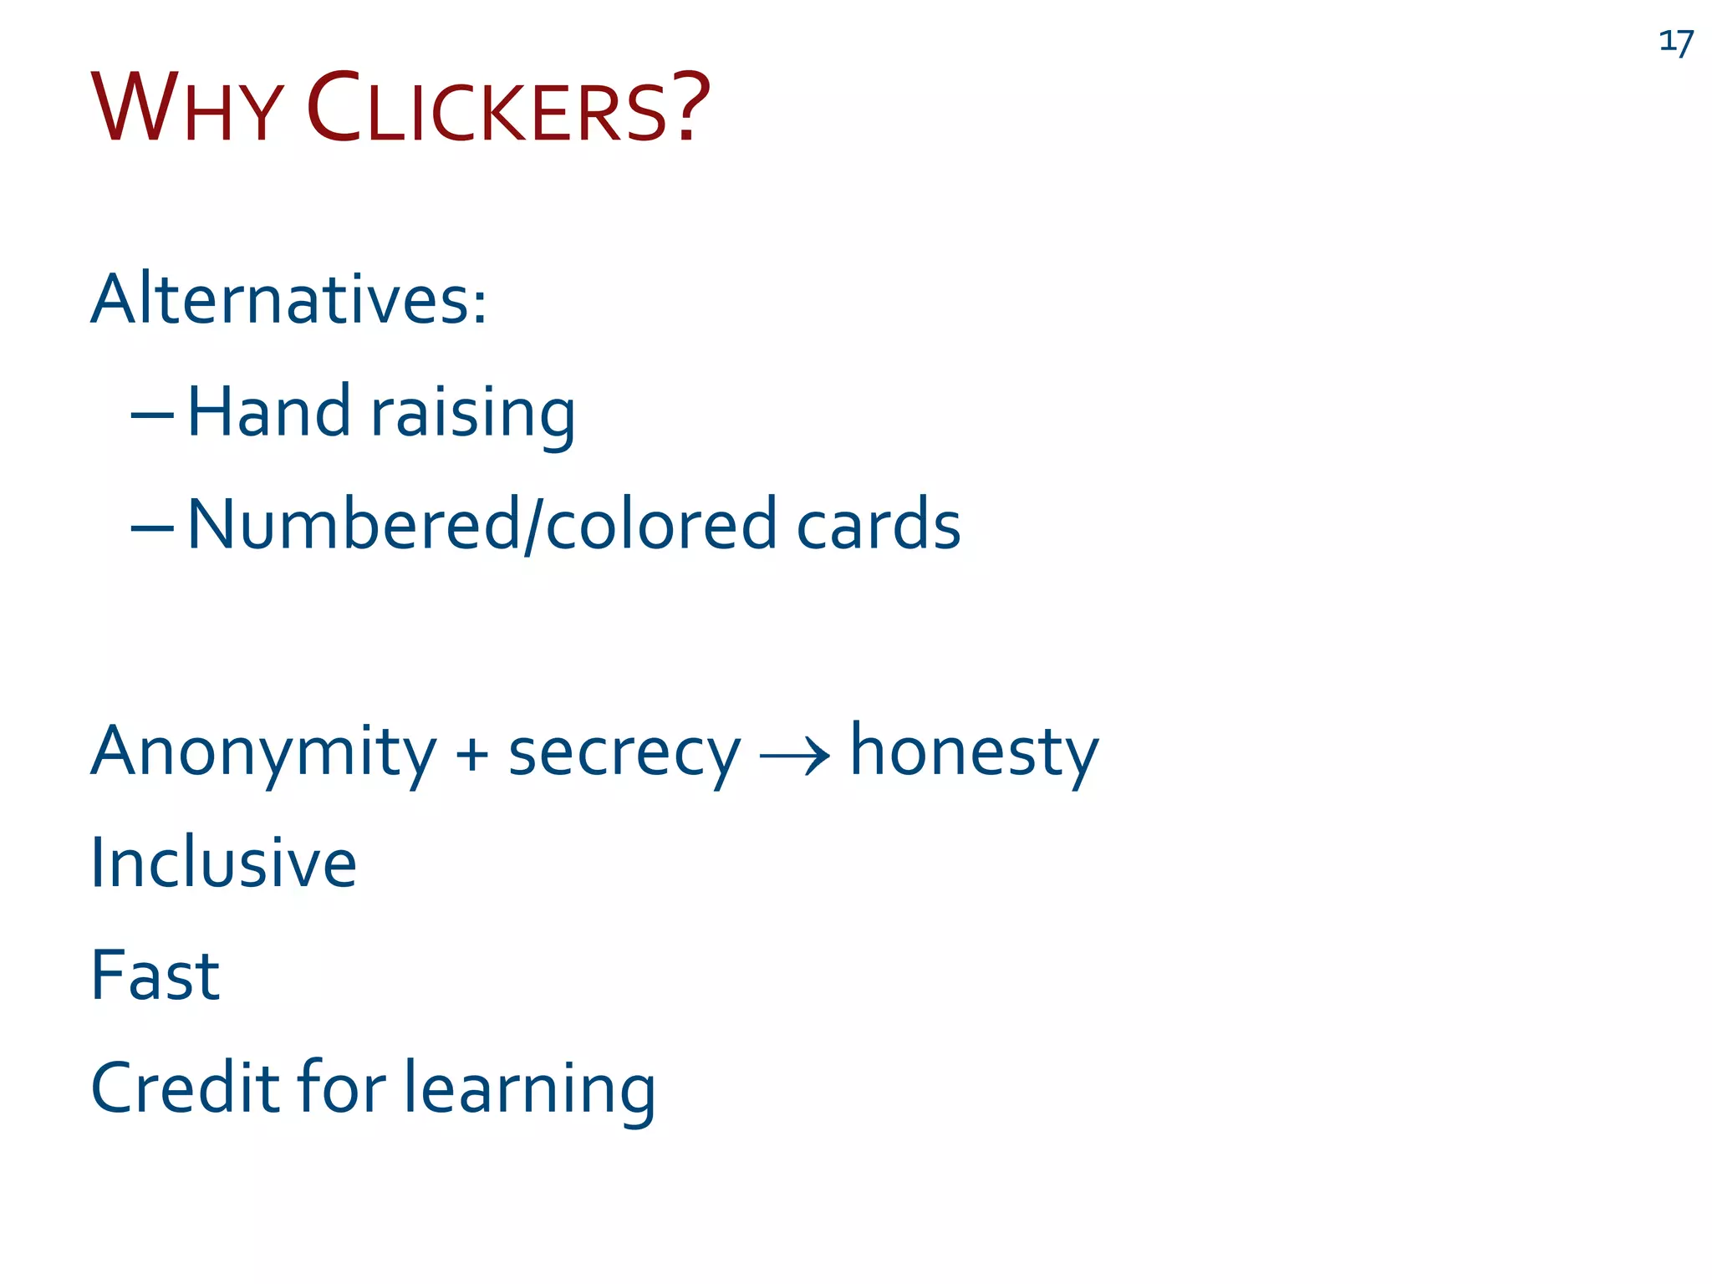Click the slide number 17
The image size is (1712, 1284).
pos(1676,41)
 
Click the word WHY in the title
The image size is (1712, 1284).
pos(186,110)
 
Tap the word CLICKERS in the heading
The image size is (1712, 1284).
pos(487,110)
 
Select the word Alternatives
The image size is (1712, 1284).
pos(288,299)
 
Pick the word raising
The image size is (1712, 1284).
pos(473,415)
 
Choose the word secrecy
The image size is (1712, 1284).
pos(624,752)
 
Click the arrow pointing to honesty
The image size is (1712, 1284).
pos(794,757)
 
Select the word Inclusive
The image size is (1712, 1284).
pos(223,863)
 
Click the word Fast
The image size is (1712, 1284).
pos(155,976)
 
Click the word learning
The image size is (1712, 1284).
pos(530,1090)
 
